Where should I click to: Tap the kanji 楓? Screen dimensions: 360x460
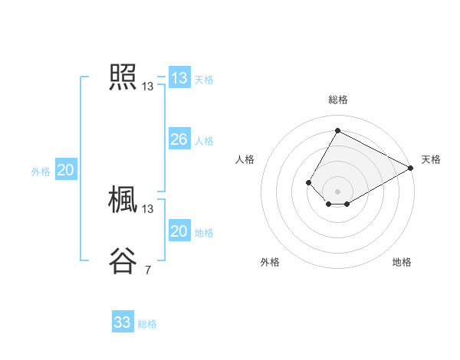tap(123, 200)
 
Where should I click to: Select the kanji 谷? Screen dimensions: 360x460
tap(123, 261)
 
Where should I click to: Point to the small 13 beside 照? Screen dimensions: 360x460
tap(148, 87)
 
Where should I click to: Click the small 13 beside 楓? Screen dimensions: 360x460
tap(148, 209)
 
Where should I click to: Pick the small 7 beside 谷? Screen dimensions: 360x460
tap(148, 270)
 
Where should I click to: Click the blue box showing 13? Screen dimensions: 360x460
tap(179, 78)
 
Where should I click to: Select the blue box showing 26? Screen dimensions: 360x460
tap(179, 139)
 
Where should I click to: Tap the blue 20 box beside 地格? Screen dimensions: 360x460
tap(179, 231)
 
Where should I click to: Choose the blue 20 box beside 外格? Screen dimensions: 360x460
tap(66, 170)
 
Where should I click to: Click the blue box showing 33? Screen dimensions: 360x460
tap(123, 322)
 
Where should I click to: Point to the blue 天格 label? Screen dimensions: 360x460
tap(204, 80)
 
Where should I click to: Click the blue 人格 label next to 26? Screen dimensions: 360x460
tap(204, 141)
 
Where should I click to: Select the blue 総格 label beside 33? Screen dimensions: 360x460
tap(147, 324)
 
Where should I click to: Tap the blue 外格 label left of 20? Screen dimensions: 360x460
tap(41, 172)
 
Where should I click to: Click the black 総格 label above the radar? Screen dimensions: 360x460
tap(338, 100)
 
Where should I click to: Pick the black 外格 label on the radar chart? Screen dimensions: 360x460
tap(270, 262)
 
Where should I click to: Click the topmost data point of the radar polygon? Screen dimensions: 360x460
tap(337, 129)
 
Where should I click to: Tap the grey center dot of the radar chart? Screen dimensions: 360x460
tap(337, 191)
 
